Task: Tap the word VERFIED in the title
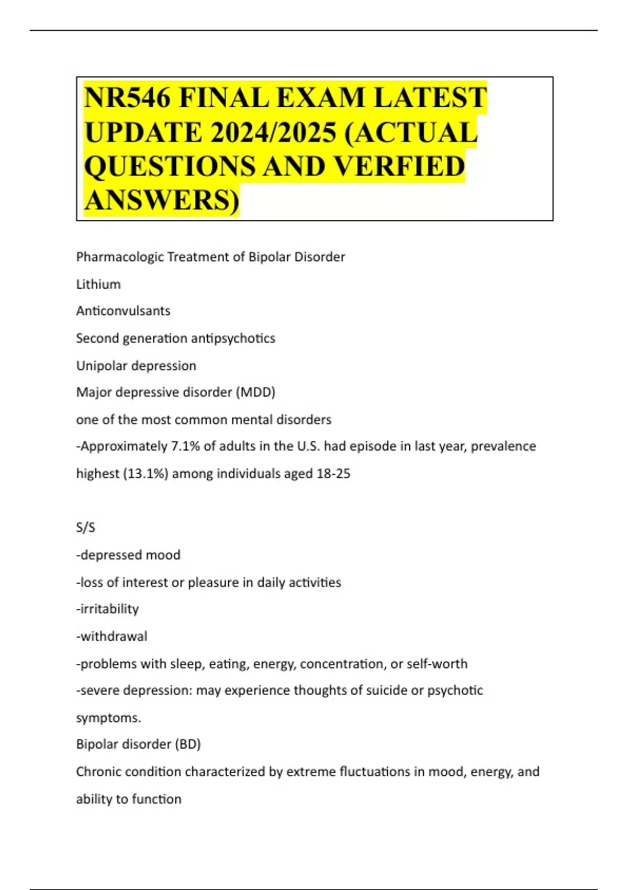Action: click(x=399, y=166)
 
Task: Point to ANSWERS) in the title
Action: click(x=161, y=200)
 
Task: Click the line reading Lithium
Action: click(x=98, y=284)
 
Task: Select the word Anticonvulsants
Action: click(x=123, y=311)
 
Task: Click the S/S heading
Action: click(x=86, y=528)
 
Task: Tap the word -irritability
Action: click(x=107, y=609)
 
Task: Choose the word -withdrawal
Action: click(x=111, y=636)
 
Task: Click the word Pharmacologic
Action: click(x=119, y=257)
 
